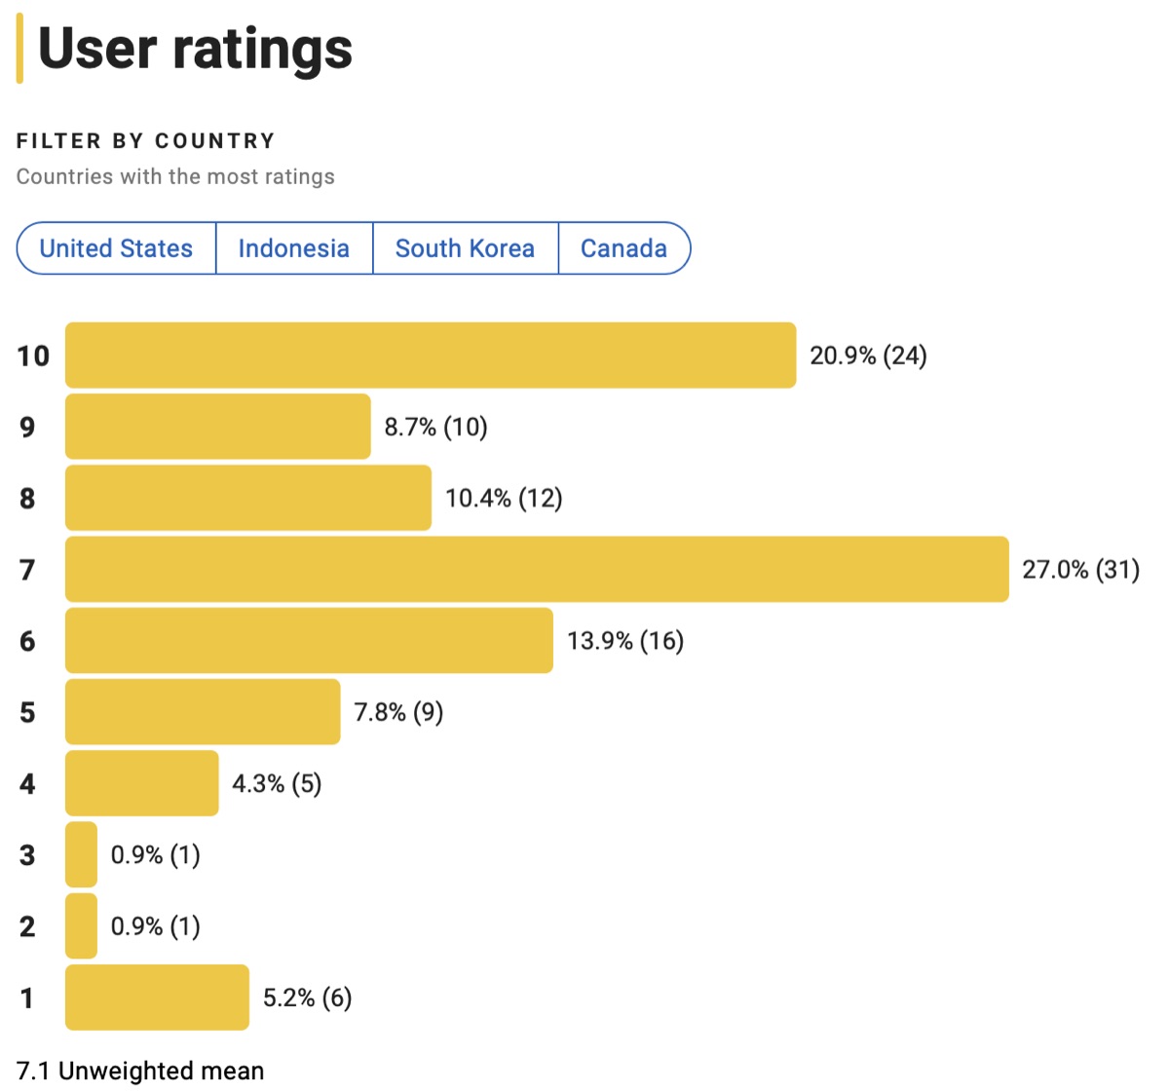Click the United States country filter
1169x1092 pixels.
tap(116, 248)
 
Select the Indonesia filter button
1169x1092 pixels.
tap(293, 248)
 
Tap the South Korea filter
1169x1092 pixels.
tap(465, 248)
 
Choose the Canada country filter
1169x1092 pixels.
tap(623, 248)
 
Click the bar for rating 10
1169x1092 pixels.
tap(430, 356)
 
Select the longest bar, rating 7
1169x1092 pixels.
tap(537, 569)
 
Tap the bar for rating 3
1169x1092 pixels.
tap(81, 854)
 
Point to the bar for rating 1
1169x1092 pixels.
tap(157, 998)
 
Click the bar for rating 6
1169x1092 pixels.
tap(309, 641)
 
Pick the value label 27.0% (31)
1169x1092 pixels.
tap(1080, 570)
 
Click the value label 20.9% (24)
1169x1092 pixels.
tap(868, 356)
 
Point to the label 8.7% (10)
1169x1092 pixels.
tap(435, 427)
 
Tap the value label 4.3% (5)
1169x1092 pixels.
tap(277, 783)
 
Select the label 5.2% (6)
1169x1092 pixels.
tap(307, 998)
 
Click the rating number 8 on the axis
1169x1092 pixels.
tap(27, 499)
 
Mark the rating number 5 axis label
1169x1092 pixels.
tap(27, 712)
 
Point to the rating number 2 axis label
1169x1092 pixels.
tap(27, 926)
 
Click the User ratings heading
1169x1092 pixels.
tap(195, 49)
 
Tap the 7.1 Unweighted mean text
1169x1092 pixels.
tap(140, 1071)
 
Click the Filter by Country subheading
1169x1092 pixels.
tap(146, 141)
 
